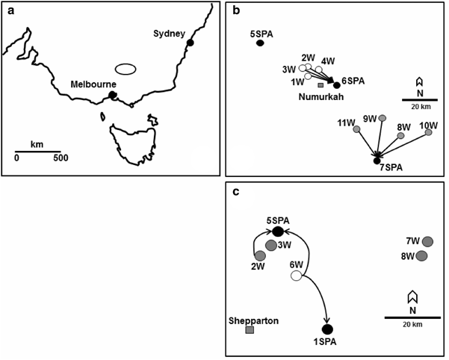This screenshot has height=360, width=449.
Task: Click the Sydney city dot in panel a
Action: tap(191, 43)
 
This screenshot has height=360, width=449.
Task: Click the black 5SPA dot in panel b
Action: tap(260, 43)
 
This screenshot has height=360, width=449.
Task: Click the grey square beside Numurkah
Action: tap(321, 85)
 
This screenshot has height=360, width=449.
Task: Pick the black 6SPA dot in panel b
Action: tap(337, 84)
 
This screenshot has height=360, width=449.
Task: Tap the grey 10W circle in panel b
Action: tap(428, 132)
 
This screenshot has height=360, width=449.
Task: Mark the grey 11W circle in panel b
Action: tap(356, 129)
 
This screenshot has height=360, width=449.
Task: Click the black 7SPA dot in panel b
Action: tap(377, 161)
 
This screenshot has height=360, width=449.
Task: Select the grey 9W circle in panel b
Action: tap(382, 118)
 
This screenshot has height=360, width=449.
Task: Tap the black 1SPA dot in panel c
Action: tap(326, 329)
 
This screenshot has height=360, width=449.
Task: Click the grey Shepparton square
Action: tap(250, 329)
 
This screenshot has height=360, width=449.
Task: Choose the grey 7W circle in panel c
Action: tap(427, 241)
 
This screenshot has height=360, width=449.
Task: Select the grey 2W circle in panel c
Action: tap(260, 255)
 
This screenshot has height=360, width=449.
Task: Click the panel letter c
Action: tap(236, 192)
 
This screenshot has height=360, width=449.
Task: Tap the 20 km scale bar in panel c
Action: tap(412, 317)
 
